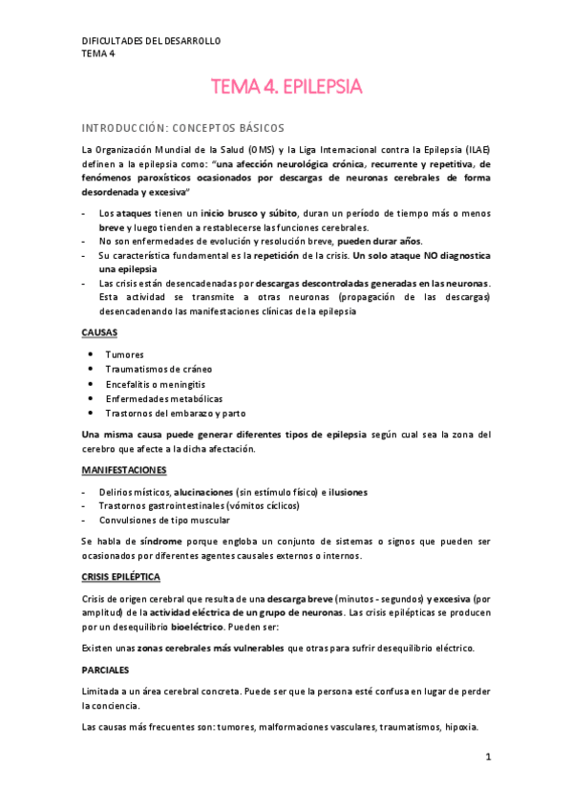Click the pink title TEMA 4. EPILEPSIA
286,88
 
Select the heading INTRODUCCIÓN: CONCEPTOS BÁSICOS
182,127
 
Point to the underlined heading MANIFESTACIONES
123,471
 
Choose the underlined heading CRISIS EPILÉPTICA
120,578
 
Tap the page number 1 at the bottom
487,757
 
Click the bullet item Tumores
125,354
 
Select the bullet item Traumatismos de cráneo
159,369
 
